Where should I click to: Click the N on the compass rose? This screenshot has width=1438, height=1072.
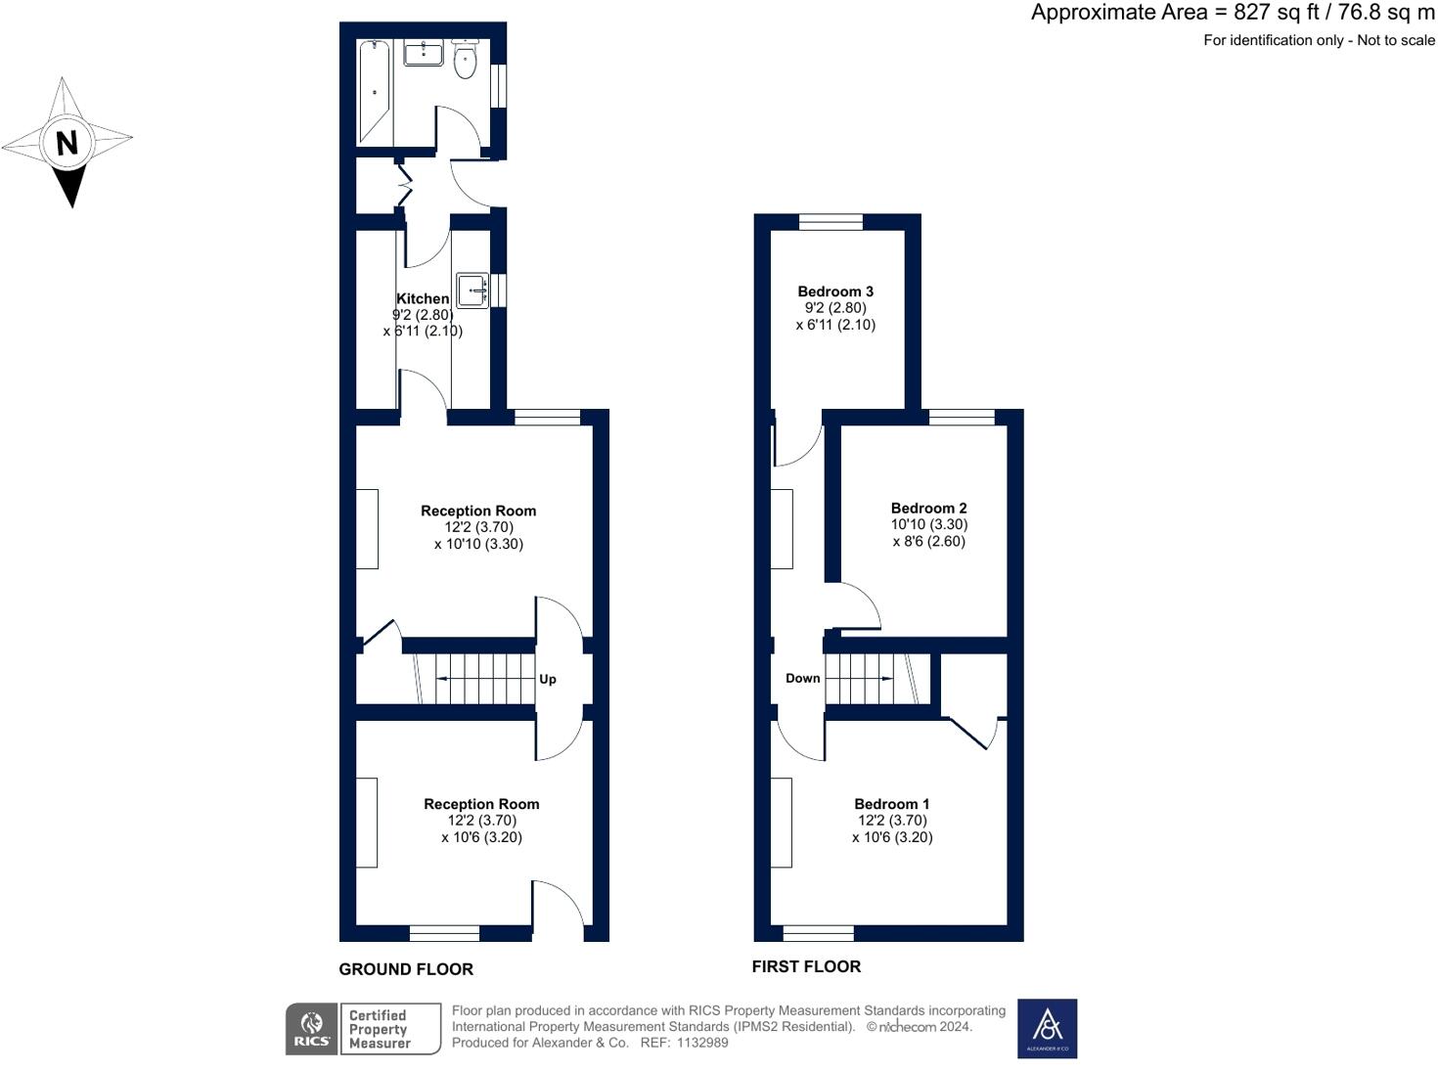coord(67,142)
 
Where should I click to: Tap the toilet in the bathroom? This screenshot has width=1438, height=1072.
coord(465,59)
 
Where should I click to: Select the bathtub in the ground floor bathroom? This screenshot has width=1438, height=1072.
coord(374,92)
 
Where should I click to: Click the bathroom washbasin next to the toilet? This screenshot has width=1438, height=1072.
coord(424,53)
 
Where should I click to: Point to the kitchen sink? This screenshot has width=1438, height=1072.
coord(472,290)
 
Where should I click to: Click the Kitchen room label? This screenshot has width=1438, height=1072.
coord(423,298)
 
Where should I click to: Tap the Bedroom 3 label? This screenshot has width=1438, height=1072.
coord(835,291)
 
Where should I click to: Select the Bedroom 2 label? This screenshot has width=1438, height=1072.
coord(928,508)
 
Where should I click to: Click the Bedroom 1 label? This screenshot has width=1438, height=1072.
coord(891,803)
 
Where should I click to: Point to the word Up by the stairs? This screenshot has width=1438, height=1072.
coord(548,679)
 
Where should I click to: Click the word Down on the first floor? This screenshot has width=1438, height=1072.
coord(802,679)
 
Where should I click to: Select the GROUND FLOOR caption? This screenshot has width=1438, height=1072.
coord(406,969)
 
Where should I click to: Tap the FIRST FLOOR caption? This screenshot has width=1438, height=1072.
coord(806,966)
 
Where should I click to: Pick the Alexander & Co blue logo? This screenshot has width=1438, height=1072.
coord(1047,1028)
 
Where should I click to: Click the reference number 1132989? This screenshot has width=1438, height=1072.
coord(701,1043)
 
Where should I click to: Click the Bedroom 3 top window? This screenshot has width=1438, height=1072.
coord(831,222)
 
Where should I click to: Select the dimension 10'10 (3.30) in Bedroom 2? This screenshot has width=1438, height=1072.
coord(929,524)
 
